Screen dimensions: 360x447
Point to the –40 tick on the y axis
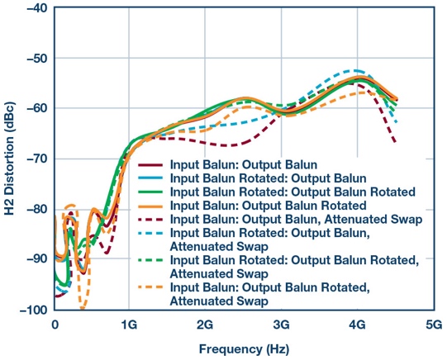pyautogui.click(x=36, y=8)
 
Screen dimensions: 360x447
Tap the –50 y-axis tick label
pyautogui.click(x=36, y=59)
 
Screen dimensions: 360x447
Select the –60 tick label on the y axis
pyautogui.click(x=36, y=108)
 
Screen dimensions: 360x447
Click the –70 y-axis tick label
pyautogui.click(x=36, y=159)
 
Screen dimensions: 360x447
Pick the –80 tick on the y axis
pyautogui.click(x=36, y=209)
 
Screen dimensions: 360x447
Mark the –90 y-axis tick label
pyautogui.click(x=36, y=259)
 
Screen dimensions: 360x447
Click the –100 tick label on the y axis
pyautogui.click(x=33, y=310)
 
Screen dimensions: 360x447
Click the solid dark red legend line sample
pyautogui.click(x=151, y=163)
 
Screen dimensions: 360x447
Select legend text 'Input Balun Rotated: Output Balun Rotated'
pyautogui.click(x=293, y=191)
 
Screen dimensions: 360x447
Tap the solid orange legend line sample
pyautogui.click(x=151, y=205)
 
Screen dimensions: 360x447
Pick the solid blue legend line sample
pyautogui.click(x=151, y=178)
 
